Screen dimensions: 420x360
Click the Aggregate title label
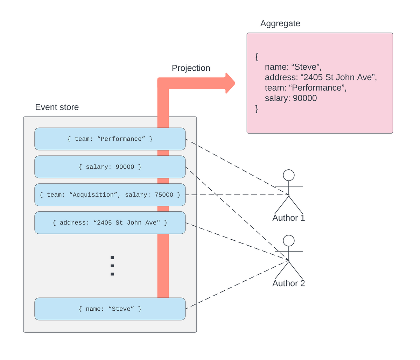click(x=280, y=23)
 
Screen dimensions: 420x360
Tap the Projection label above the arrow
click(x=191, y=68)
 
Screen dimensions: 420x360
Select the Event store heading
click(x=57, y=107)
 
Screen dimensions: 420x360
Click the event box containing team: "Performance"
click(x=110, y=139)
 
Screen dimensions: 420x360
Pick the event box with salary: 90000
click(x=110, y=167)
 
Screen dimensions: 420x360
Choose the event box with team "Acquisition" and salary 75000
click(x=110, y=195)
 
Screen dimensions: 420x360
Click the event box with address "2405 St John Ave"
click(x=110, y=223)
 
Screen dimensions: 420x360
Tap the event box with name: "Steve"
click(x=110, y=309)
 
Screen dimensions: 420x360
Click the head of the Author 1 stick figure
click(x=289, y=175)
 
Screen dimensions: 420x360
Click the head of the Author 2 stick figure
click(x=289, y=241)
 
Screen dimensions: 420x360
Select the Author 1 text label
click(x=289, y=218)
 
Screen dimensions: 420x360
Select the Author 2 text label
click(x=289, y=283)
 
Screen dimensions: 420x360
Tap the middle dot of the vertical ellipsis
click(x=112, y=266)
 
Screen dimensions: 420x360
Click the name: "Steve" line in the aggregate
click(x=293, y=67)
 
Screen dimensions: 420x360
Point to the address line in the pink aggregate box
click(x=321, y=77)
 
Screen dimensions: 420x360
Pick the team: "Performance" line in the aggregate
click(x=306, y=88)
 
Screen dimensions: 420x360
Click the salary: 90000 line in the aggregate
click(x=291, y=98)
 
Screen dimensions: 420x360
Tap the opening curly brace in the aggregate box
click(x=257, y=57)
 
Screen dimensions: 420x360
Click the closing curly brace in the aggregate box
click(x=257, y=109)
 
